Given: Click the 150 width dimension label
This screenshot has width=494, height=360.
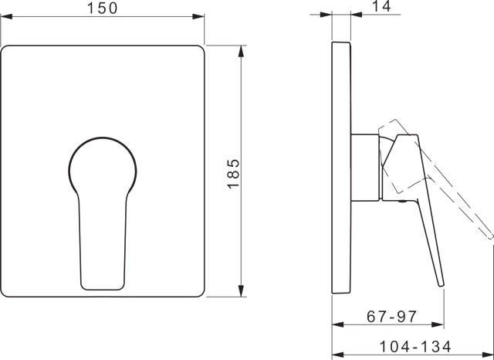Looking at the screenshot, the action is pos(102,8).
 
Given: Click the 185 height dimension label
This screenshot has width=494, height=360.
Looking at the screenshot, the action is pos(233,174).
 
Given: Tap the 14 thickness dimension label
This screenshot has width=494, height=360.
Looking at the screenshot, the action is pos(382,6).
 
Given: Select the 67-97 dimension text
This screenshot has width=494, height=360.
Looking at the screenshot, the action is pos(392,316).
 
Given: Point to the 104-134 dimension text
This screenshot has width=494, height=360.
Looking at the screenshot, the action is pos(415,347).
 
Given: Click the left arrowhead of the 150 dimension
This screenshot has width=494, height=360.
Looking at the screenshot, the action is pos(6,16).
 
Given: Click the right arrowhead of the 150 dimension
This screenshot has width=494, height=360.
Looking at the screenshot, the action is pos(198,16).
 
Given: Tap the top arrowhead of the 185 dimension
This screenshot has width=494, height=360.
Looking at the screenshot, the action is pos(241,52).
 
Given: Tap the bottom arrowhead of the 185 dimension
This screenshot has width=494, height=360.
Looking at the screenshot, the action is pos(241,290).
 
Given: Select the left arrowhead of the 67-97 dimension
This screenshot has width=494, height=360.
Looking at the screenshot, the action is pos(338,324).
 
